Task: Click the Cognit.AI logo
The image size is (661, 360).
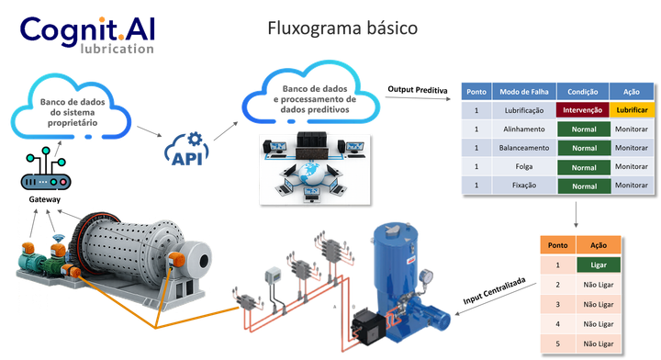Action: (87, 35)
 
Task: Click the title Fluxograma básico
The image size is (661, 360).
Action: (342, 28)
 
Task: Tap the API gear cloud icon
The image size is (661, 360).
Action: (186, 149)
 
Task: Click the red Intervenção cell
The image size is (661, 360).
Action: (583, 110)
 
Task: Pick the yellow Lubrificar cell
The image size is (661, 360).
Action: (632, 110)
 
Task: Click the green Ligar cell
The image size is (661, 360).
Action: (599, 264)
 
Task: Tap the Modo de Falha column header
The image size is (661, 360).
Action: (524, 92)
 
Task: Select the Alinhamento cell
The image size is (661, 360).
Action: (524, 129)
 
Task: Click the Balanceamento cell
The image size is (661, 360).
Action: (524, 148)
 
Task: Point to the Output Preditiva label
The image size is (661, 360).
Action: (418, 89)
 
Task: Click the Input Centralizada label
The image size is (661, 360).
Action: (495, 290)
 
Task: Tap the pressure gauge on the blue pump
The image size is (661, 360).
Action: (426, 277)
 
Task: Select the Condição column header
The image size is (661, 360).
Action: (583, 92)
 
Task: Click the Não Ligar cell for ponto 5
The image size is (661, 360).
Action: (599, 343)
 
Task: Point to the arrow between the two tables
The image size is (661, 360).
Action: (576, 215)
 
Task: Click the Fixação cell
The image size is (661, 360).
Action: (524, 186)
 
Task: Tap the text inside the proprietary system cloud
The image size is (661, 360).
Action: (73, 112)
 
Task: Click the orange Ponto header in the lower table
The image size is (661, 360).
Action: (558, 245)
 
